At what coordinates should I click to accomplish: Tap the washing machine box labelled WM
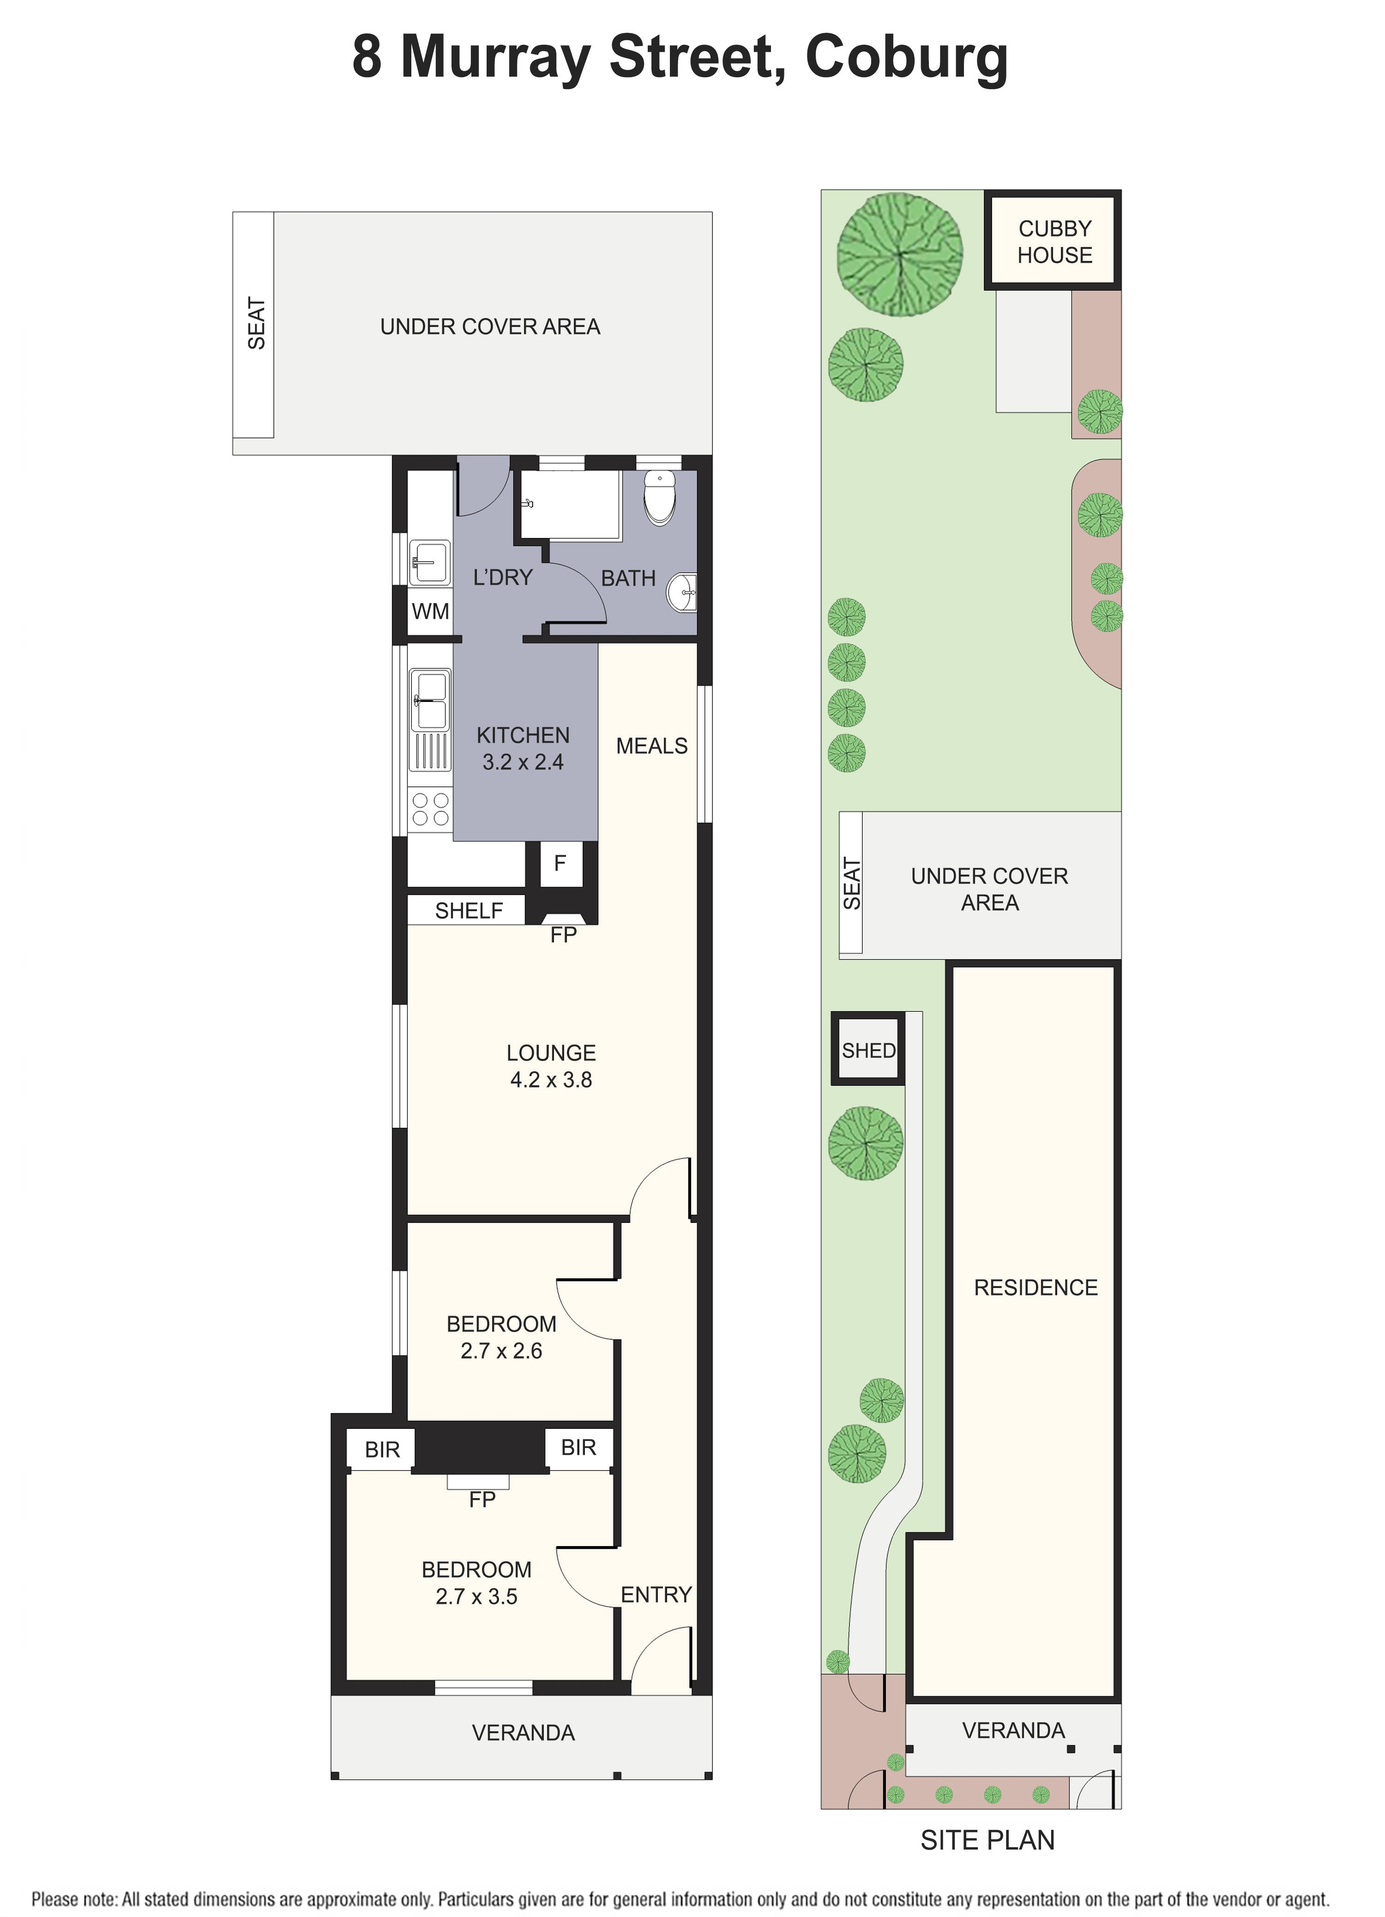tap(430, 611)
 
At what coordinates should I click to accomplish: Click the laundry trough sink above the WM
tap(429, 561)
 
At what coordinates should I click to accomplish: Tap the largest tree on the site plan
tap(899, 254)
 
